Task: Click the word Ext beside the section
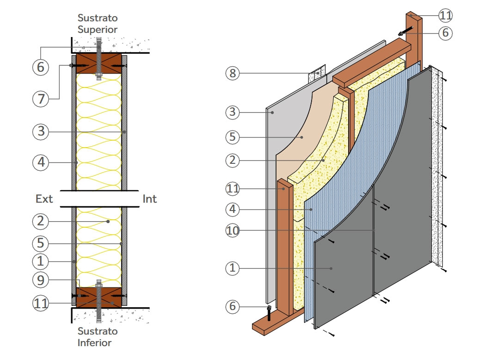tap(44, 199)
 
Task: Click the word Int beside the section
tap(150, 199)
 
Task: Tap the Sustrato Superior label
tap(98, 24)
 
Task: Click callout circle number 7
tap(40, 99)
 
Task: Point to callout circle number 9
tap(40, 280)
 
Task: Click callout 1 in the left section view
tap(40, 261)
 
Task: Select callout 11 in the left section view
tap(40, 303)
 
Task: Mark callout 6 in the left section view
tap(40, 67)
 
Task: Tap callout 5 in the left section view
tap(40, 243)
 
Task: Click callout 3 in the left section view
tap(40, 131)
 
